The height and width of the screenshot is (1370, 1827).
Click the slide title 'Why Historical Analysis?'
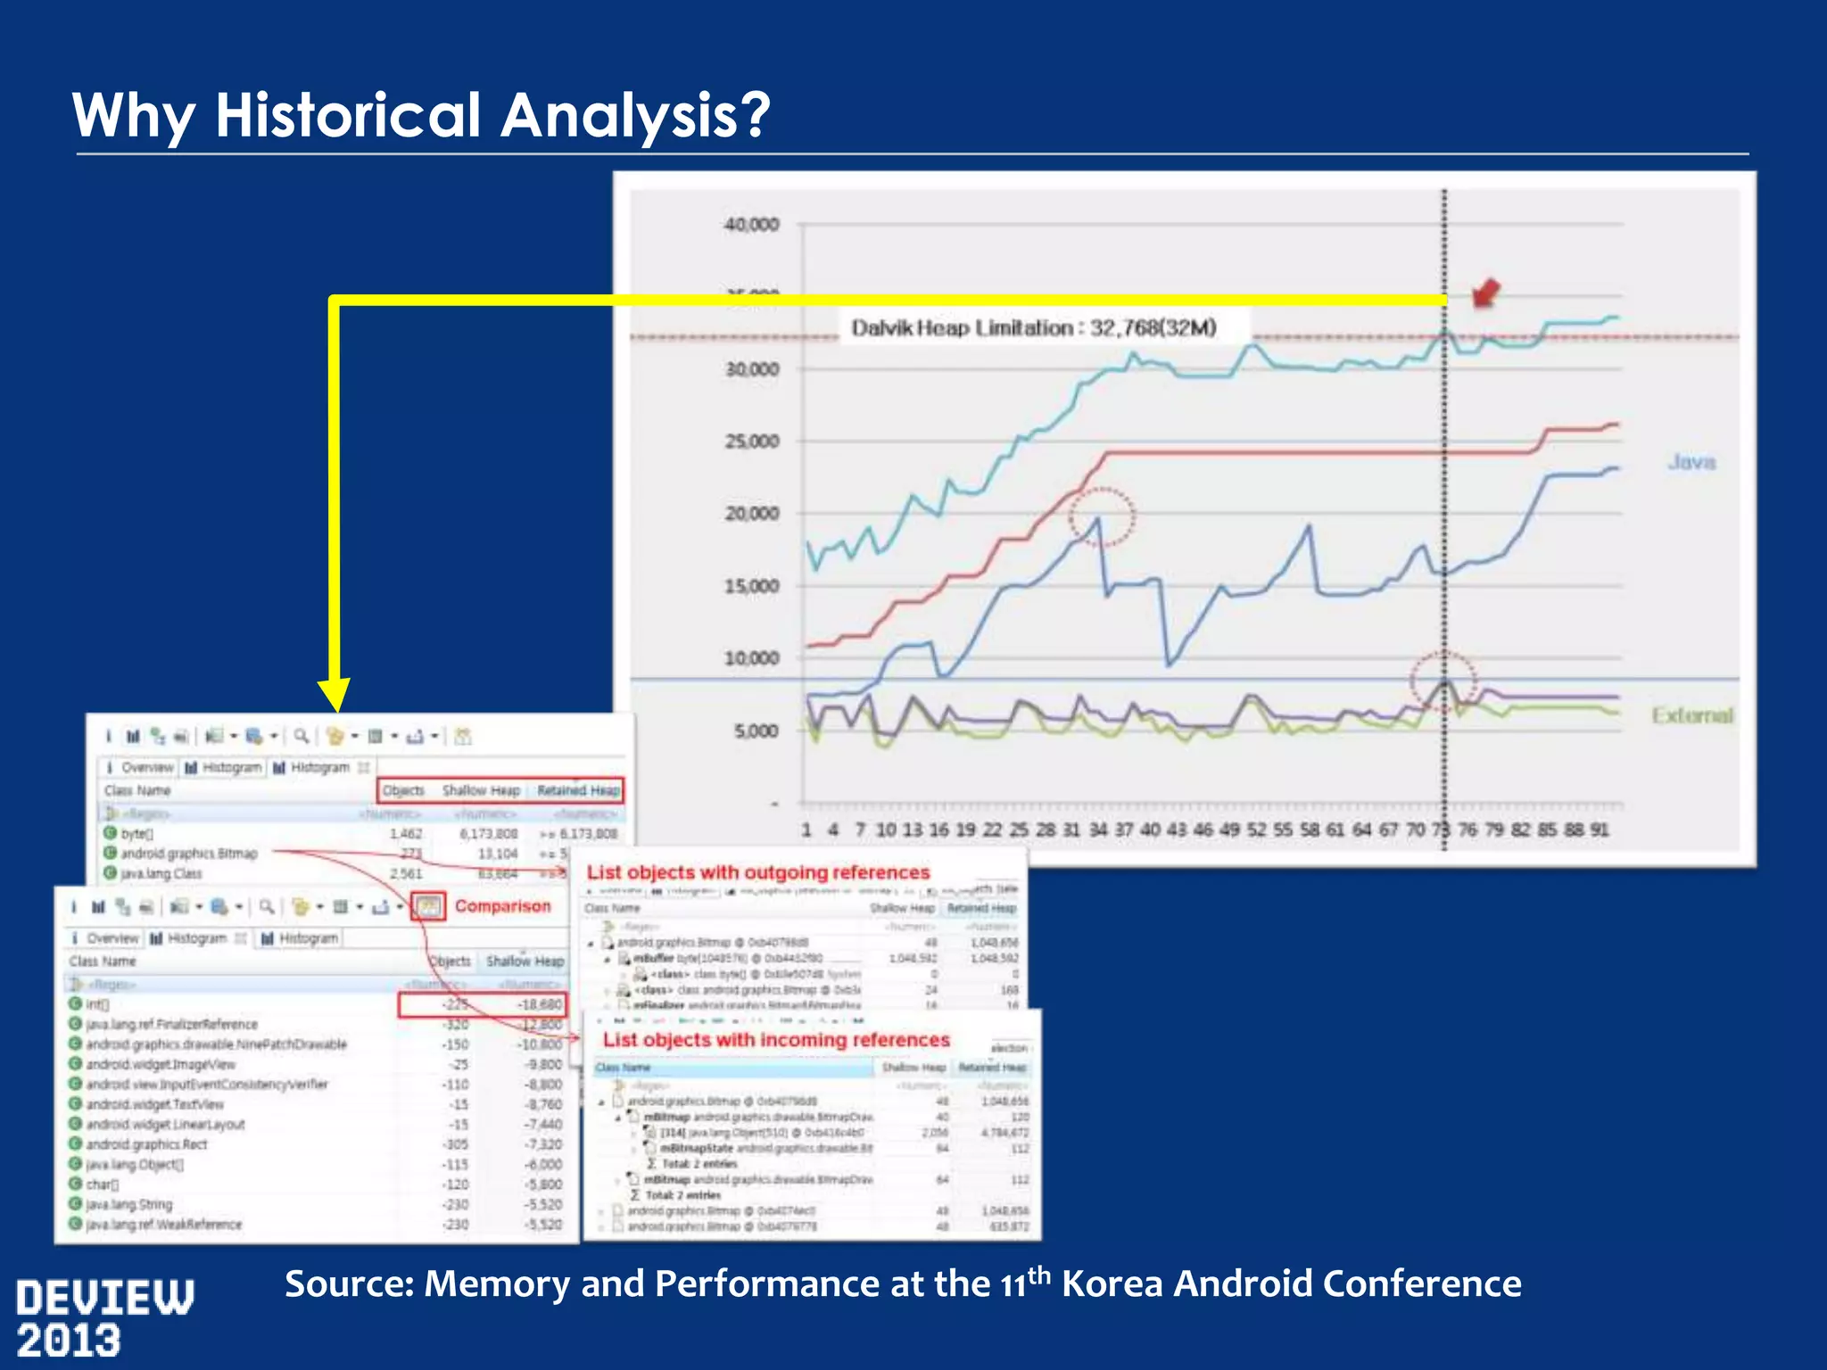click(420, 115)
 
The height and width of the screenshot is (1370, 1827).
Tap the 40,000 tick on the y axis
click(751, 225)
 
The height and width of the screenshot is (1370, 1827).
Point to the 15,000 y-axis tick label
click(751, 587)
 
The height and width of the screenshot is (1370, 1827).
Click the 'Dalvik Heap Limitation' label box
click(1033, 328)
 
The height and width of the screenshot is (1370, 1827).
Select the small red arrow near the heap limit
click(1485, 293)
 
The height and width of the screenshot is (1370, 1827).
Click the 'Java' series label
click(1691, 462)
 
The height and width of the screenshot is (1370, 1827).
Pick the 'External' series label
click(1691, 715)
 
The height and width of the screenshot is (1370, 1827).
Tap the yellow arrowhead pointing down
click(335, 694)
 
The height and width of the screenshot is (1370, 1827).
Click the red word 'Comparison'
click(502, 906)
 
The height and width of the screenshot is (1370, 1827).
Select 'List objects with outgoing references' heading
click(757, 872)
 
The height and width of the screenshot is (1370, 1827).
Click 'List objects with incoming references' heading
click(775, 1040)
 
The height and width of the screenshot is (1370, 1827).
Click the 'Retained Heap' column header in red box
click(577, 790)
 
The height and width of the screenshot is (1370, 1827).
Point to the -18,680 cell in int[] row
click(540, 1004)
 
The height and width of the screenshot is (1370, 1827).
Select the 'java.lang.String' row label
click(128, 1204)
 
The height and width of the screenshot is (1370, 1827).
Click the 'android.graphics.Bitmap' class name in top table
click(189, 854)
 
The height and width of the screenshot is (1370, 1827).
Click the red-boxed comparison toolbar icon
click(428, 907)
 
